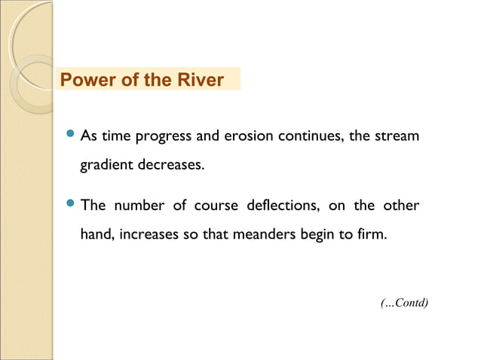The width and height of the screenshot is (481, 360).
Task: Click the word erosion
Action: [249, 137]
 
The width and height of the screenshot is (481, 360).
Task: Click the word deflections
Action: [282, 206]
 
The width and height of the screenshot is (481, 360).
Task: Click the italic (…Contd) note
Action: [404, 303]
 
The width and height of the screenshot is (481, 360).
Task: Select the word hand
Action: [97, 234]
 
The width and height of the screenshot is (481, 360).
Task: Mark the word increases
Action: [149, 234]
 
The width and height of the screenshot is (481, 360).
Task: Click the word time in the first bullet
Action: [116, 137]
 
